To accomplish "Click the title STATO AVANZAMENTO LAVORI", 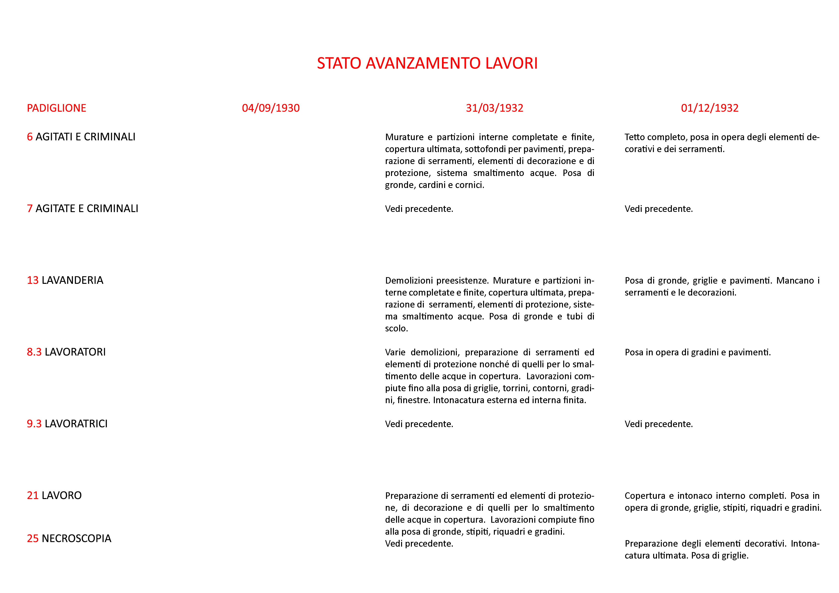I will pyautogui.click(x=427, y=63).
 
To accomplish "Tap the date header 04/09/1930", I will pyautogui.click(x=270, y=108).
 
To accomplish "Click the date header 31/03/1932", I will pyautogui.click(x=494, y=108).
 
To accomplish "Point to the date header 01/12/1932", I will pyautogui.click(x=709, y=108).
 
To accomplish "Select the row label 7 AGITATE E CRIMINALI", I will pyautogui.click(x=82, y=209).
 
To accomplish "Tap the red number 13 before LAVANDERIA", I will pyautogui.click(x=33, y=280).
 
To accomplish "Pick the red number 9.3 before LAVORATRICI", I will pyautogui.click(x=34, y=424).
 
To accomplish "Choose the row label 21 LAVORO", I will pyautogui.click(x=54, y=495).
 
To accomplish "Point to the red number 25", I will pyautogui.click(x=33, y=538).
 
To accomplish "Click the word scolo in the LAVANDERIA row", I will pyautogui.click(x=395, y=329).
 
